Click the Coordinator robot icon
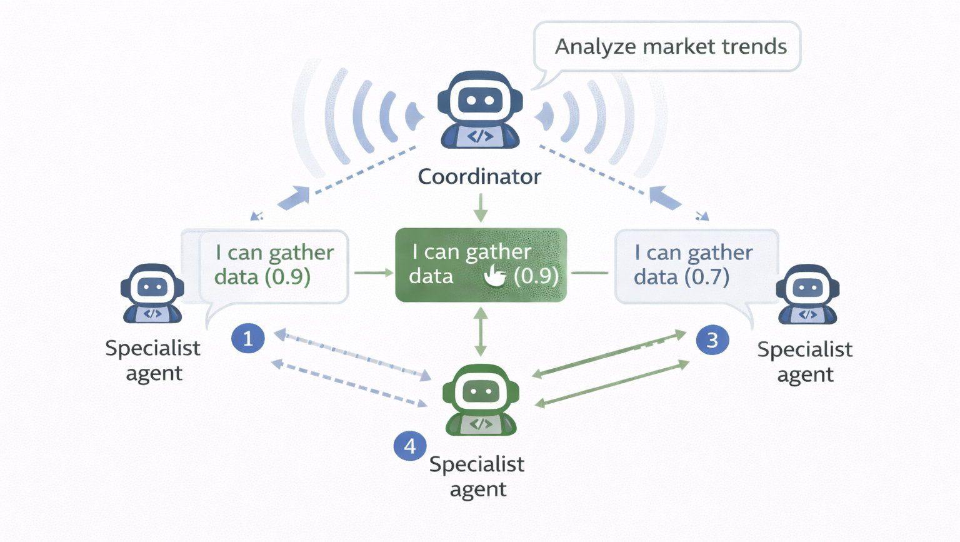[x=480, y=109]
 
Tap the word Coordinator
[x=479, y=177]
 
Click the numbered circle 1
[x=248, y=338]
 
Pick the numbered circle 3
[x=712, y=340]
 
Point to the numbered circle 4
[x=410, y=446]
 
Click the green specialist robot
[x=481, y=400]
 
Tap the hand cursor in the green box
[x=495, y=275]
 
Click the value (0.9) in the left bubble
[x=288, y=277]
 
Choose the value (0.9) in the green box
[x=536, y=276]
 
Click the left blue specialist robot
[x=152, y=294]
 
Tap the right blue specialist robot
[x=807, y=294]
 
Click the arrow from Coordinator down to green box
[x=480, y=208]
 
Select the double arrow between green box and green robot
[x=480, y=332]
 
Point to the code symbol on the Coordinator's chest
[x=480, y=136]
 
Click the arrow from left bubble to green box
[x=373, y=273]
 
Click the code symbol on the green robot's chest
[x=481, y=424]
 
